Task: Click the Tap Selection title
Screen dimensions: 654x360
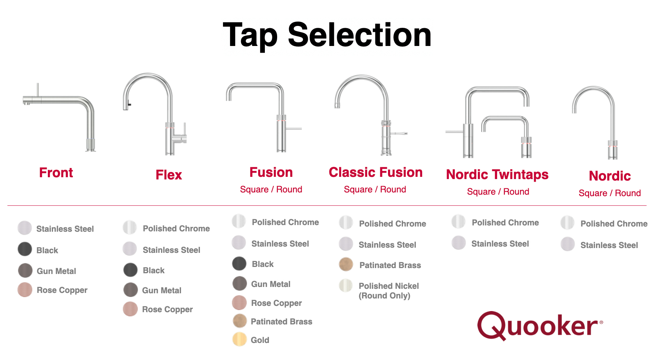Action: pyautogui.click(x=327, y=35)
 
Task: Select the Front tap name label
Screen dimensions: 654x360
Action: pyautogui.click(x=56, y=173)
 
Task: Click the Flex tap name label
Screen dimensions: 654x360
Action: pyautogui.click(x=169, y=175)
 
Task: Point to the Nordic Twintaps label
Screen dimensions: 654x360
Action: pyautogui.click(x=497, y=175)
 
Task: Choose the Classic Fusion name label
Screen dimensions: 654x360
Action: pyautogui.click(x=375, y=172)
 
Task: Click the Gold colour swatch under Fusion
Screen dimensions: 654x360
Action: pyautogui.click(x=240, y=339)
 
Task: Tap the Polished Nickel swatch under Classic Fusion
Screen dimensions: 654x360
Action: pyautogui.click(x=346, y=285)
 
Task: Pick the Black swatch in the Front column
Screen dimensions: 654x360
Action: pyautogui.click(x=25, y=249)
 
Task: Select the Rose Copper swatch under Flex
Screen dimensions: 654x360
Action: pyautogui.click(x=130, y=309)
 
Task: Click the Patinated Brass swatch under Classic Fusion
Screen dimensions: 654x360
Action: pyautogui.click(x=346, y=264)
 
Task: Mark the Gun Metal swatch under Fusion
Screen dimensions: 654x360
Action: pyautogui.click(x=240, y=284)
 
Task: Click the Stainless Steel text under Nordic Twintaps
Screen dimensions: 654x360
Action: pyautogui.click(x=500, y=244)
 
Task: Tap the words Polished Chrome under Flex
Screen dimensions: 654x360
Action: pyautogui.click(x=176, y=229)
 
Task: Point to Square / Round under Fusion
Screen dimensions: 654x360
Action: pyautogui.click(x=271, y=189)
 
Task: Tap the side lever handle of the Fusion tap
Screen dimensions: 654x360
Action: pyautogui.click(x=293, y=129)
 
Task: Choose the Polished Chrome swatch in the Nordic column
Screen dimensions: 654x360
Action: pyautogui.click(x=568, y=223)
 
